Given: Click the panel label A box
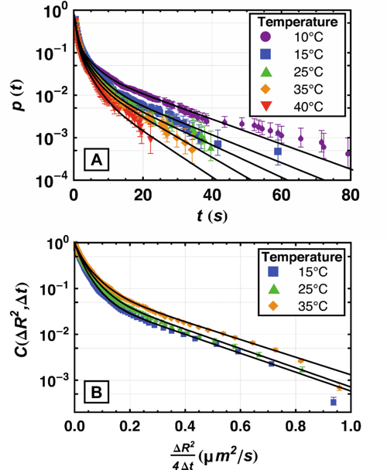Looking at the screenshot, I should (x=97, y=160).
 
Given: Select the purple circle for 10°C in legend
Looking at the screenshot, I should (x=265, y=36).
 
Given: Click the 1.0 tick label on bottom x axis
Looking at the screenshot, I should (x=350, y=424).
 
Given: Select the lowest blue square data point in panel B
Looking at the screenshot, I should (x=334, y=402).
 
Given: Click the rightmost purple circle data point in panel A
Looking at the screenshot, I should (x=349, y=153).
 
